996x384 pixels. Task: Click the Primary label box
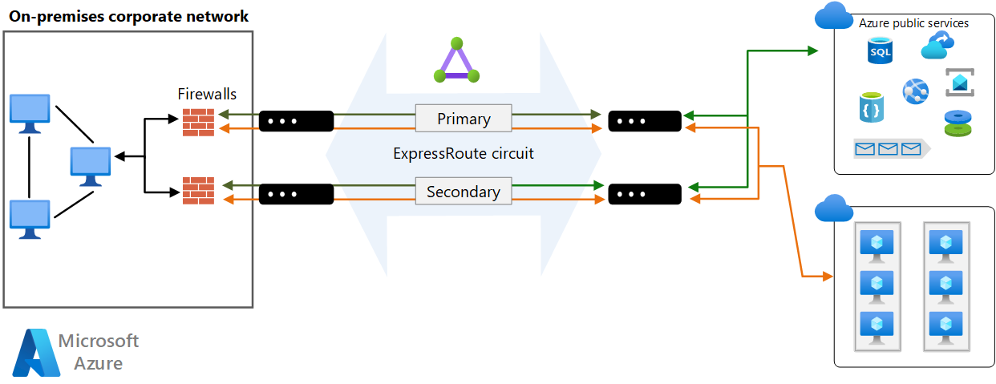click(464, 119)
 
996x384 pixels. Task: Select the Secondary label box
click(464, 192)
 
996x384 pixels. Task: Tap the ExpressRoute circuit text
click(464, 153)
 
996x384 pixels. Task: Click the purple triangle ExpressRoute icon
click(456, 61)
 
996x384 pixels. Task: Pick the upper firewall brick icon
click(198, 122)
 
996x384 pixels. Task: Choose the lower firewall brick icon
click(198, 190)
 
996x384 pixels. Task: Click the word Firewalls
click(207, 95)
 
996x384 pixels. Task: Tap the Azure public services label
click(913, 23)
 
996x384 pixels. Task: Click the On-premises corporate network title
click(128, 16)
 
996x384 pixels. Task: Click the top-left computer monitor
click(30, 113)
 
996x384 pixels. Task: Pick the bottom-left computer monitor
click(30, 219)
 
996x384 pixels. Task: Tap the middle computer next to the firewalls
click(90, 166)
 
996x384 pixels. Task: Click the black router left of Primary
click(296, 121)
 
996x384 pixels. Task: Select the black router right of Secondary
click(645, 194)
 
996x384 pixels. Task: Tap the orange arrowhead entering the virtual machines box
click(828, 277)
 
